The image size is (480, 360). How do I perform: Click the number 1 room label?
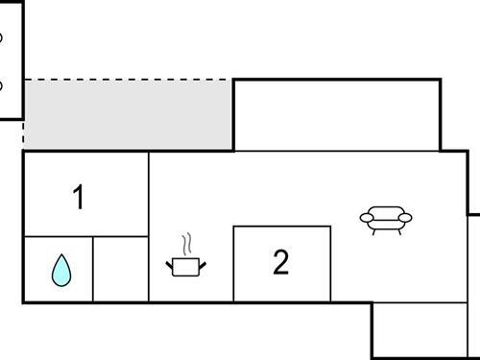79,198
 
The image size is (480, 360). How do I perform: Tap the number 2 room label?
280,262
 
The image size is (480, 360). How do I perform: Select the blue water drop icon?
60,271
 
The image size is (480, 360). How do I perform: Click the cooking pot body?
186,266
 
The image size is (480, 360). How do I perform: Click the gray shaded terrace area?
128,115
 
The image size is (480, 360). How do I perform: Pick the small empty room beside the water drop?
121,270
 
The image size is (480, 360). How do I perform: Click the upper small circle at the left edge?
1,38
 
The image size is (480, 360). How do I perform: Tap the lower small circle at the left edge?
1,85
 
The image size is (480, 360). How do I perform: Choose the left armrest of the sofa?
366,219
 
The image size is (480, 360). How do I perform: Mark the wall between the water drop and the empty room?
93,270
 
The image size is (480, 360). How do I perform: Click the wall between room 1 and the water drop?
58,237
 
